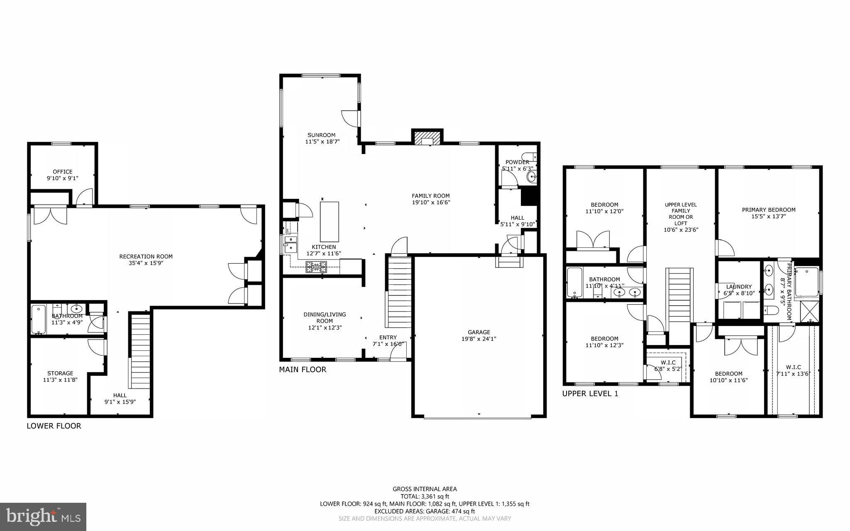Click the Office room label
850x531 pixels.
pos(63,171)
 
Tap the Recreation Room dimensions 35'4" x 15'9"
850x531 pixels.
pos(146,263)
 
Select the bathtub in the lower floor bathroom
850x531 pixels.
pos(39,319)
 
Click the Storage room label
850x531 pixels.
pos(60,373)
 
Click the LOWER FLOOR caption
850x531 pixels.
pos(54,426)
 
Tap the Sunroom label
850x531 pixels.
pos(321,135)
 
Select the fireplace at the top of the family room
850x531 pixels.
pos(427,137)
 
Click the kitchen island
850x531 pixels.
pos(329,221)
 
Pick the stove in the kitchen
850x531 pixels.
pos(316,267)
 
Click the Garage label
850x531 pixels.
pos(479,332)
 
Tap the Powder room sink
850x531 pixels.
pos(531,177)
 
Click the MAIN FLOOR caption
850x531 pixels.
pos(303,369)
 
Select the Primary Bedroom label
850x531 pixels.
pos(768,210)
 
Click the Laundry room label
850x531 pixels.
pos(739,286)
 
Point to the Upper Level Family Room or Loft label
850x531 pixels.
pos(681,217)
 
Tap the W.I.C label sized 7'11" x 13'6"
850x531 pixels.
pos(793,367)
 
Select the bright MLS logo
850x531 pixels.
pos(43,516)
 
